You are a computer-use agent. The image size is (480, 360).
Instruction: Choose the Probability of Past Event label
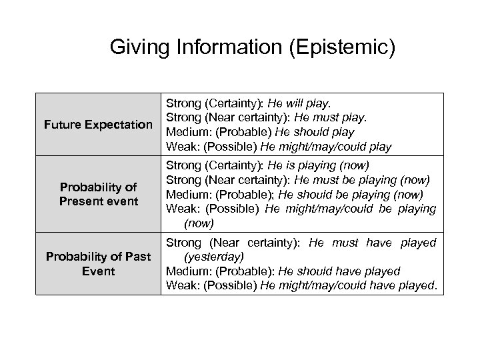[97, 264]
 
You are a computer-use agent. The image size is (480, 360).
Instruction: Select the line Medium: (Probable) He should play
[260, 131]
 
